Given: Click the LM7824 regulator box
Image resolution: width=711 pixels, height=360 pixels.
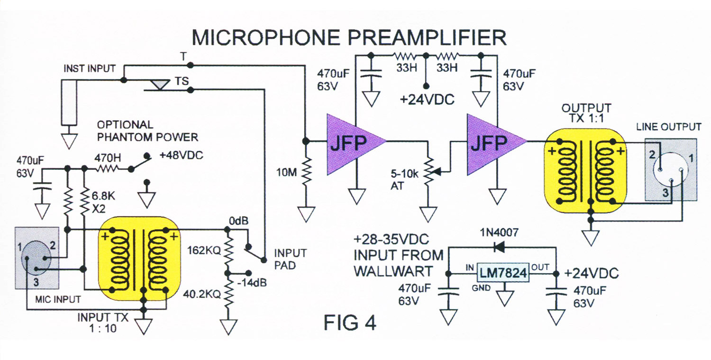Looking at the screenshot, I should (x=502, y=273).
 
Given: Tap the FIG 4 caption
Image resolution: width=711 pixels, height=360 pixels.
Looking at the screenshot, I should (x=350, y=323).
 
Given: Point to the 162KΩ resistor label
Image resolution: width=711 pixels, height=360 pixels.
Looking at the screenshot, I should (x=204, y=250).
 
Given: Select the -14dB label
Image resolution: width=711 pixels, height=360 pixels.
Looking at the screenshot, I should (x=252, y=282).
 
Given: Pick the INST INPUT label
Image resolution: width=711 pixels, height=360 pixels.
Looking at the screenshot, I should (x=89, y=68).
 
